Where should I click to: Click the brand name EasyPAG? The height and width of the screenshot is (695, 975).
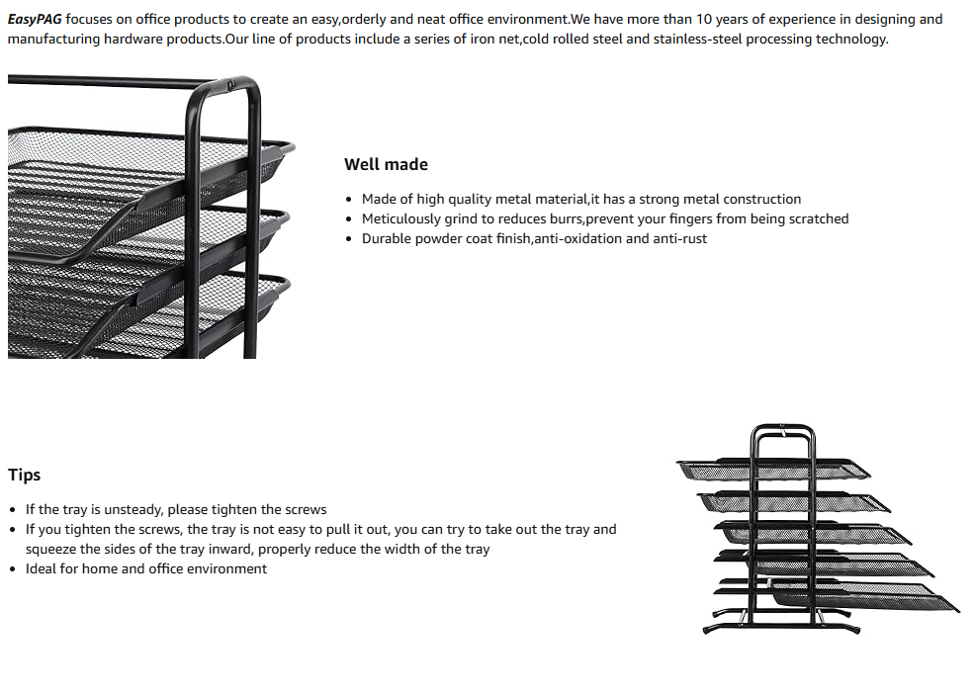(x=35, y=19)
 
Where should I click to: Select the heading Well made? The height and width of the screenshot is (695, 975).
(x=386, y=164)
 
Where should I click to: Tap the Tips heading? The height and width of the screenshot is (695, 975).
(x=25, y=475)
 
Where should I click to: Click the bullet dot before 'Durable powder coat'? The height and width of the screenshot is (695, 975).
(x=350, y=239)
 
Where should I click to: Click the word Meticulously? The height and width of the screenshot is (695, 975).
(x=400, y=218)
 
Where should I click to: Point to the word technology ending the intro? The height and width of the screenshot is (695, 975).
(x=851, y=39)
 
